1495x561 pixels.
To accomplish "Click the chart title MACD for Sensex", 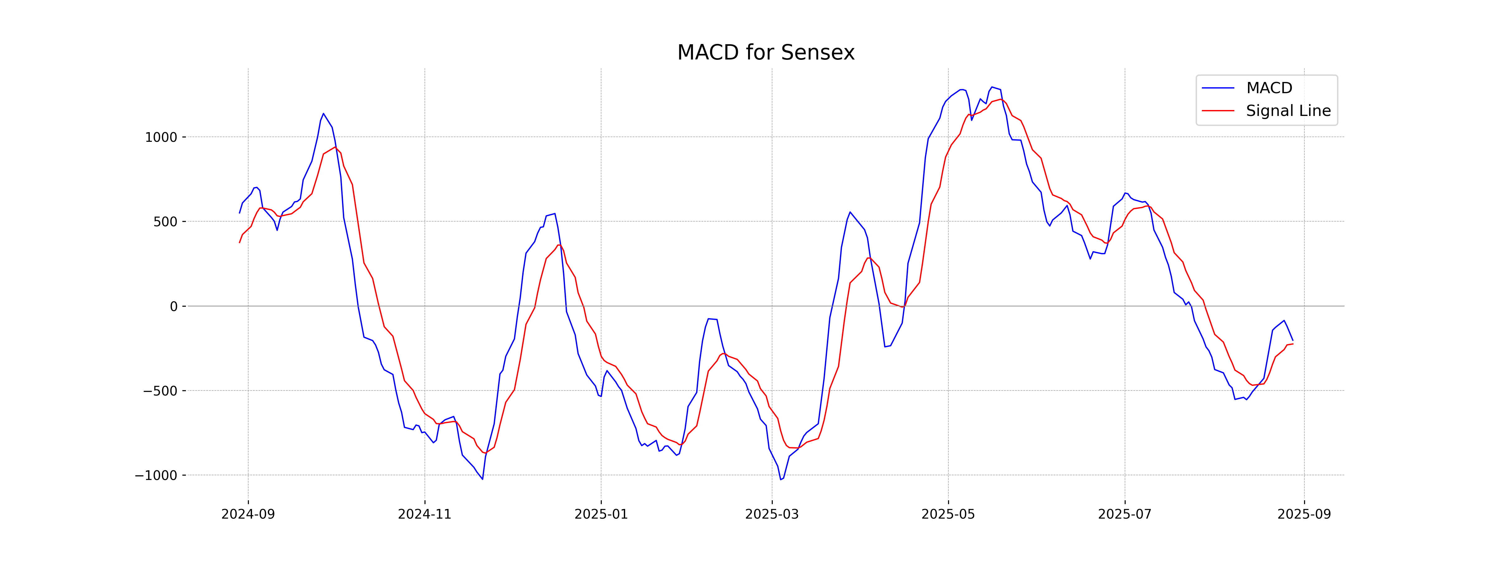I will pyautogui.click(x=766, y=53).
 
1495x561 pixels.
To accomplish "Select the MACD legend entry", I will pyautogui.click(x=1269, y=88).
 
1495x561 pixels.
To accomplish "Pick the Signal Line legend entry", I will pyautogui.click(x=1288, y=111).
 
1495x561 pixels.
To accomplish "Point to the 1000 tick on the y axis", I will pyautogui.click(x=161, y=138).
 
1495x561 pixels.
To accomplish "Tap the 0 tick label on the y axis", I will pyautogui.click(x=173, y=307).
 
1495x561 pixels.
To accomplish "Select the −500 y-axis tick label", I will pyautogui.click(x=160, y=391).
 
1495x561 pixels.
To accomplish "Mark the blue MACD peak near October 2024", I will pyautogui.click(x=323, y=114).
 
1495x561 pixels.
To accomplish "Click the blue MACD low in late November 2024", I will pyautogui.click(x=482, y=479).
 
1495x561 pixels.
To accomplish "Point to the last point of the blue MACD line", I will pyautogui.click(x=1293, y=340).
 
